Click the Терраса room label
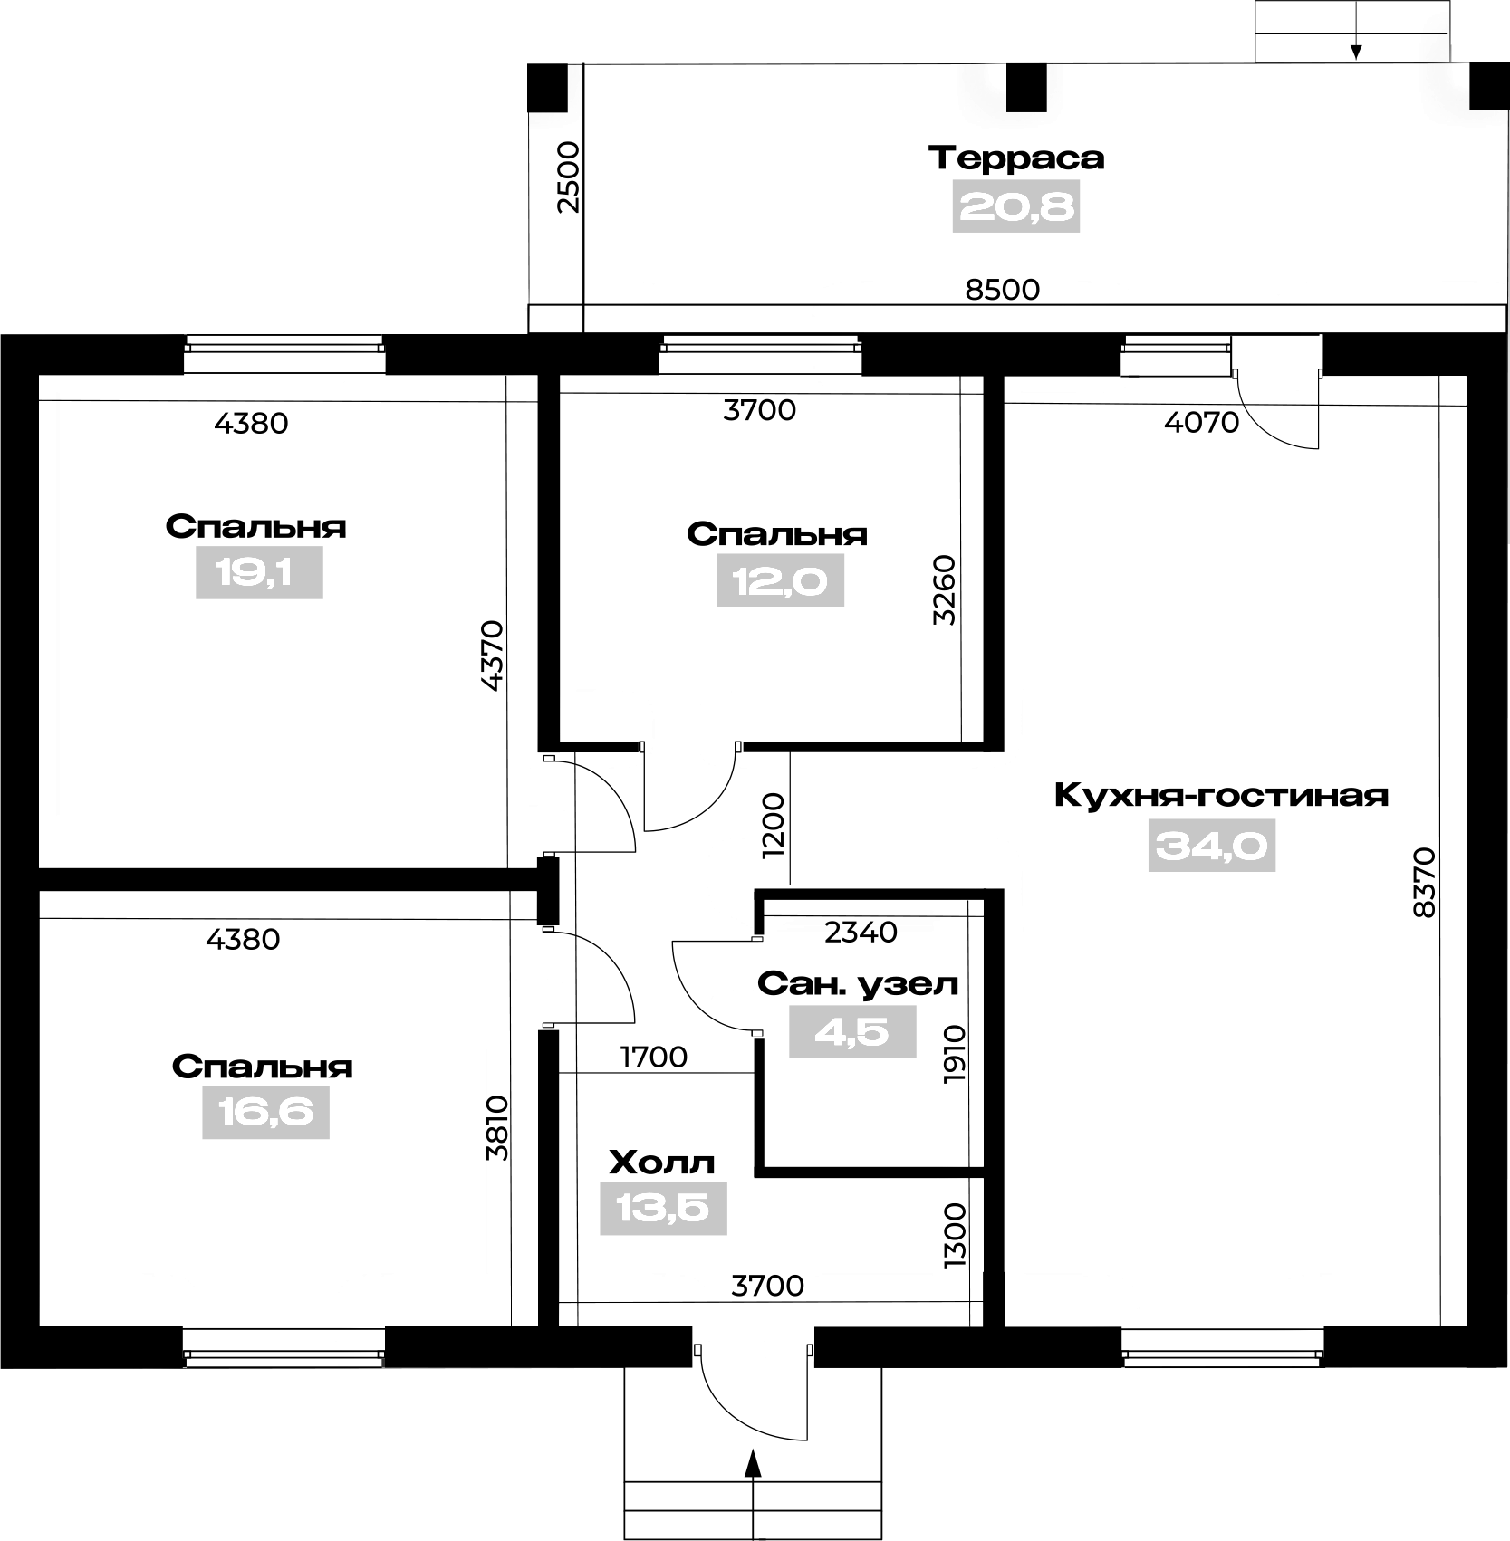pyautogui.click(x=1016, y=158)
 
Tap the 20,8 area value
pyautogui.click(x=1016, y=207)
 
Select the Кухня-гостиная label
pyautogui.click(x=1221, y=797)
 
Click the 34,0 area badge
pyautogui.click(x=1212, y=846)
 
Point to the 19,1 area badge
pyautogui.click(x=259, y=572)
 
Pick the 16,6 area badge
pyautogui.click(x=265, y=1113)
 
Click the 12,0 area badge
pyautogui.click(x=781, y=580)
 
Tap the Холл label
pyautogui.click(x=662, y=1162)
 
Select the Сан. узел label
pyautogui.click(x=858, y=984)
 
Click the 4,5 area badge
pyautogui.click(x=852, y=1032)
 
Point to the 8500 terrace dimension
pyautogui.click(x=1003, y=290)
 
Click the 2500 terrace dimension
pyautogui.click(x=568, y=177)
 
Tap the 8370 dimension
pyautogui.click(x=1425, y=883)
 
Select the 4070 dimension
pyautogui.click(x=1201, y=422)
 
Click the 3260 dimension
pyautogui.click(x=945, y=589)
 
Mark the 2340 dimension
pyautogui.click(x=861, y=932)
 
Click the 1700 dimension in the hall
pyautogui.click(x=654, y=1057)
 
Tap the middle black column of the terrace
pyautogui.click(x=1026, y=87)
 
